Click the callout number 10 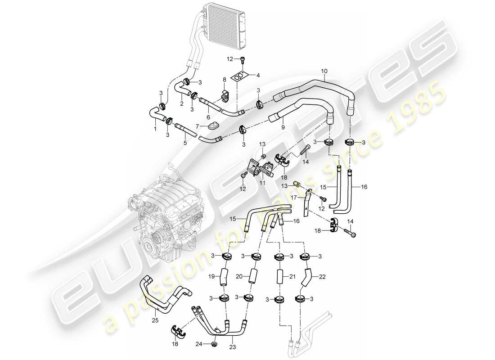click(324, 71)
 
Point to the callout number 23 click(232, 346)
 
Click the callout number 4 click(258, 75)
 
